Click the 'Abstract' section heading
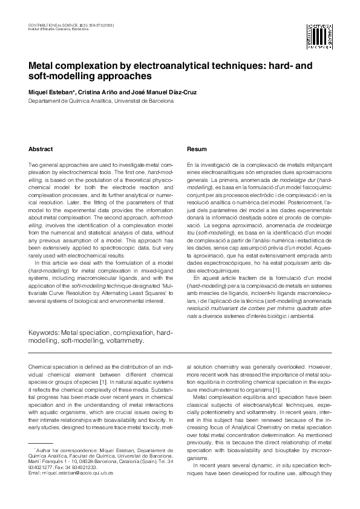(x=41, y=149)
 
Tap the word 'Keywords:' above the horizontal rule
(x=48, y=332)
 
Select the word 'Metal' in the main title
(x=43, y=66)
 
